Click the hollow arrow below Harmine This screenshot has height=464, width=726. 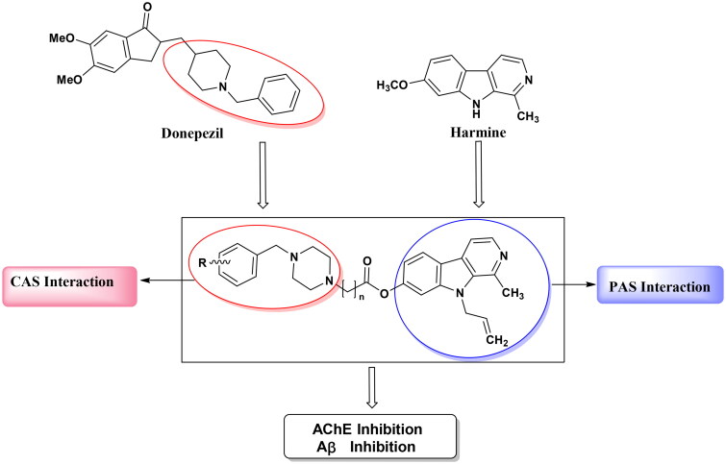tap(478, 193)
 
